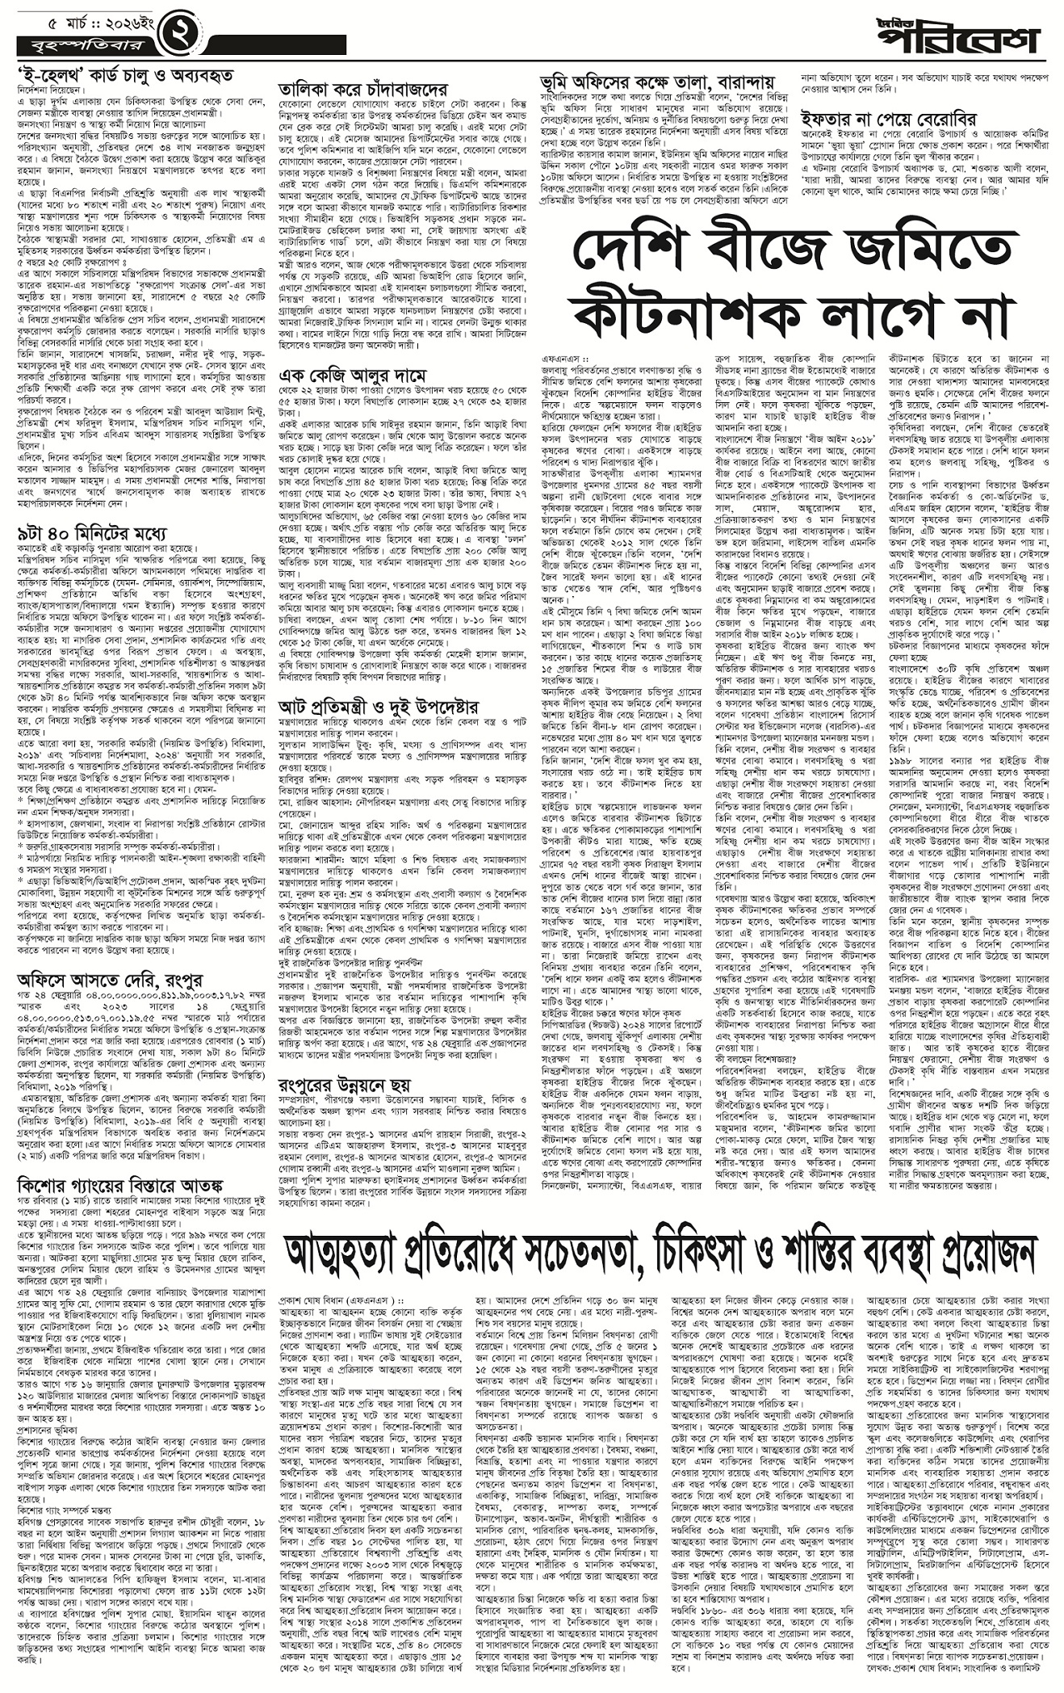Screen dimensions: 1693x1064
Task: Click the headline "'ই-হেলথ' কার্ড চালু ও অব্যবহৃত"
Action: point(125,75)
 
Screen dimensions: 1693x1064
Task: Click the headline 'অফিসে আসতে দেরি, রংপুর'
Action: point(107,978)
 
